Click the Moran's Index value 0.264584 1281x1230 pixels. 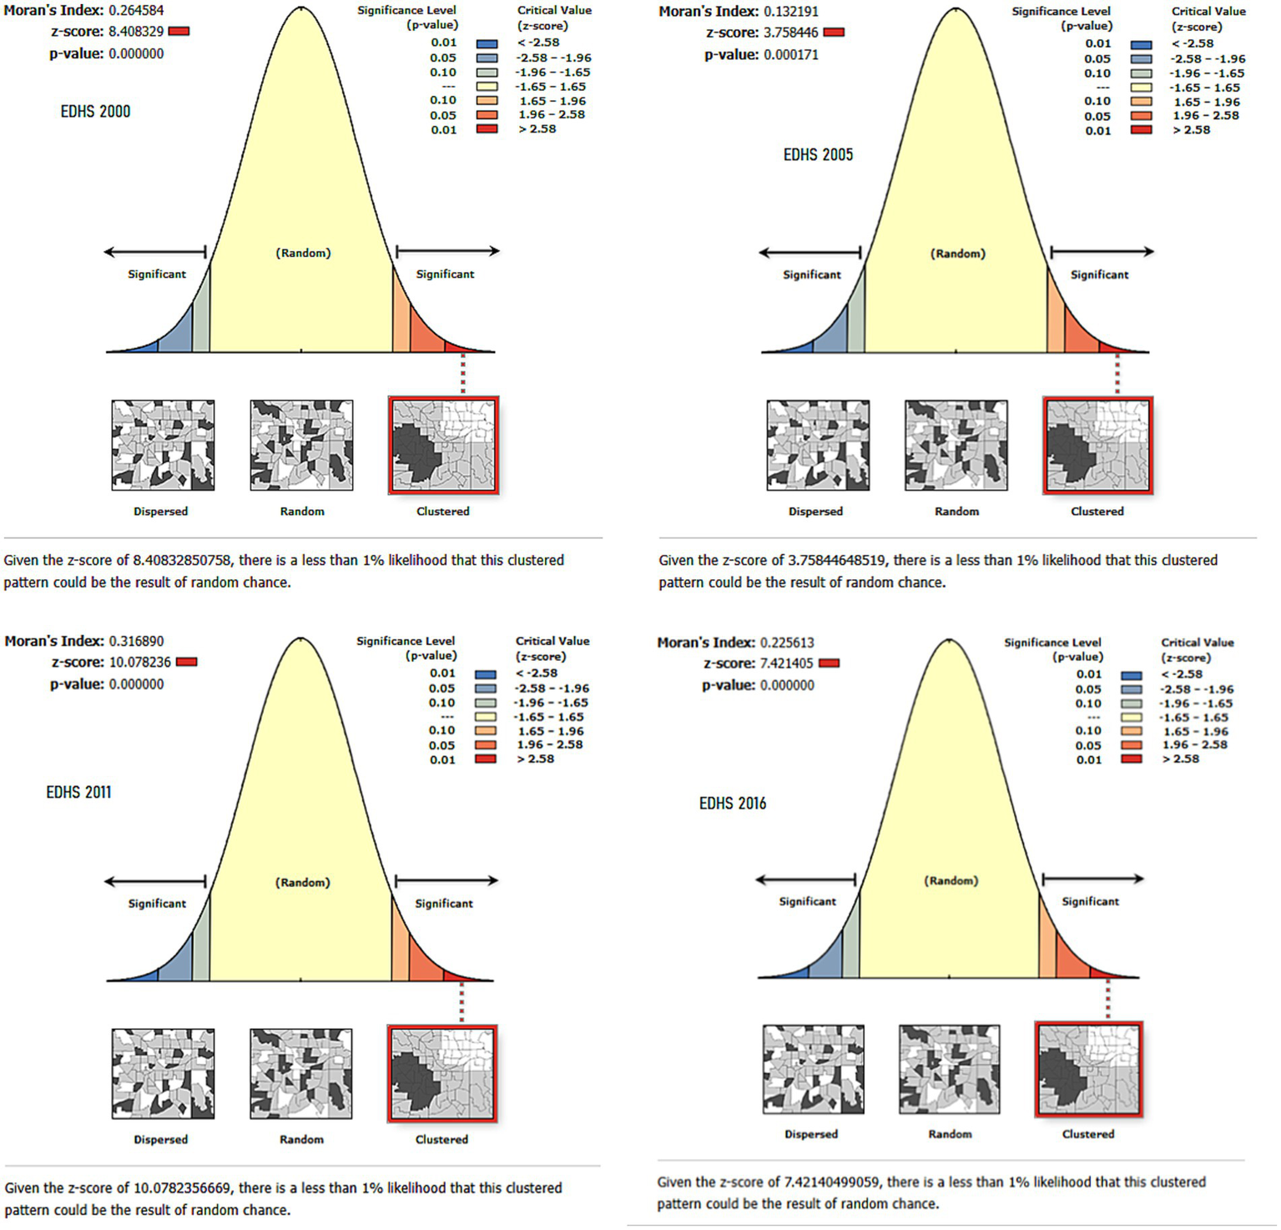click(x=136, y=11)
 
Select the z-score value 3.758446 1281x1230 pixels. click(x=790, y=33)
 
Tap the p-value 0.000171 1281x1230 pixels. click(x=790, y=55)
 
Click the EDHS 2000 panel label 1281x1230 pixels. click(x=95, y=112)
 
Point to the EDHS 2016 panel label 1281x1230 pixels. click(x=732, y=804)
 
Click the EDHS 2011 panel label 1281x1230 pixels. click(x=78, y=793)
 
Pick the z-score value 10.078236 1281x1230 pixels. click(x=139, y=663)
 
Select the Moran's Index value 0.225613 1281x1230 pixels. click(x=786, y=643)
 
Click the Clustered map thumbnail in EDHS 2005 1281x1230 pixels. click(x=1097, y=446)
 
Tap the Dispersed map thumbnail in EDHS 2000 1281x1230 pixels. click(x=163, y=445)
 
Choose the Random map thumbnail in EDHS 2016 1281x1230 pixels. click(x=949, y=1070)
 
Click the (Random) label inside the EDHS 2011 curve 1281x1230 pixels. click(x=302, y=883)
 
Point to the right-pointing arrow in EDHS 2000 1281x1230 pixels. click(x=447, y=250)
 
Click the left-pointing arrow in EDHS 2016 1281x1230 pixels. click(x=805, y=879)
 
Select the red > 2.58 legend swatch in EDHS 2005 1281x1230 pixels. click(x=1141, y=130)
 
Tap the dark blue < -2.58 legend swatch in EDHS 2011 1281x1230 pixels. click(x=485, y=674)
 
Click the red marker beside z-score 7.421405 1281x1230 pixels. click(x=829, y=663)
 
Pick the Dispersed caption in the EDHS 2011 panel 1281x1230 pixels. click(x=160, y=1140)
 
